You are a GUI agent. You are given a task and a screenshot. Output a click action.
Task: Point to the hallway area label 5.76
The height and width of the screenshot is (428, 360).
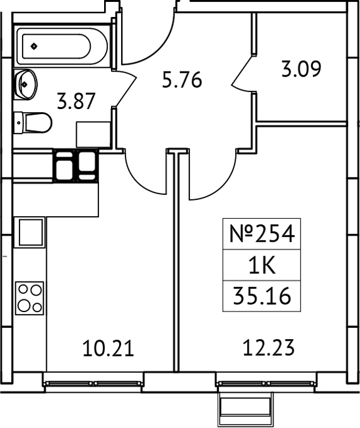182,80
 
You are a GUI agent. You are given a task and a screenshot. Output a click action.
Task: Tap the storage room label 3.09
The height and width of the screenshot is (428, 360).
301,68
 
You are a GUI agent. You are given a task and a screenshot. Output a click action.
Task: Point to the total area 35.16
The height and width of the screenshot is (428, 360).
262,296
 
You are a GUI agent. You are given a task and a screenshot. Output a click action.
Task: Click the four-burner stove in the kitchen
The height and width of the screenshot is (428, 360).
29,298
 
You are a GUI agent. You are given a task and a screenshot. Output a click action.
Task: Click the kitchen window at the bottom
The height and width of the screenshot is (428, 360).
94,382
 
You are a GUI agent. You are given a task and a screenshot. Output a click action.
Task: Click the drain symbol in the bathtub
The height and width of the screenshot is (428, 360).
33,44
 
